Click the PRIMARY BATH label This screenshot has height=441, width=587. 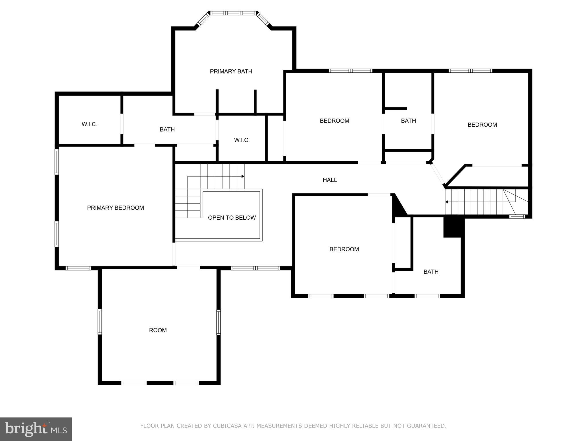pyautogui.click(x=231, y=71)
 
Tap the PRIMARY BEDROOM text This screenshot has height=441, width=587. pyautogui.click(x=116, y=208)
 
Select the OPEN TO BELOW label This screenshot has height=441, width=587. pyautogui.click(x=232, y=218)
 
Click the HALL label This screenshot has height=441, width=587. pyautogui.click(x=330, y=180)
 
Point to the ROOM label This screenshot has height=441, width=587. pyautogui.click(x=158, y=330)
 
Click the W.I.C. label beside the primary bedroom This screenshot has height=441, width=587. pyautogui.click(x=89, y=124)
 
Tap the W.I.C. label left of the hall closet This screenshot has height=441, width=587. pyautogui.click(x=242, y=140)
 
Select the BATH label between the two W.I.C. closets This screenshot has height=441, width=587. pyautogui.click(x=167, y=129)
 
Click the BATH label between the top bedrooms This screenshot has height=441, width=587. pyautogui.click(x=408, y=121)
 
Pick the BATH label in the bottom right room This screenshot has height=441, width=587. pyautogui.click(x=431, y=272)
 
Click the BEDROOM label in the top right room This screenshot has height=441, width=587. pyautogui.click(x=482, y=125)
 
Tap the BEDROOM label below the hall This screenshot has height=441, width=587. pyautogui.click(x=344, y=249)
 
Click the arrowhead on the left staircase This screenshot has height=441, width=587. pyautogui.click(x=243, y=176)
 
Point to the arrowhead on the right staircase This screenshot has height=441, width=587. pyautogui.click(x=447, y=202)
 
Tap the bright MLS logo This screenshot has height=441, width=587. pyautogui.click(x=36, y=429)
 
